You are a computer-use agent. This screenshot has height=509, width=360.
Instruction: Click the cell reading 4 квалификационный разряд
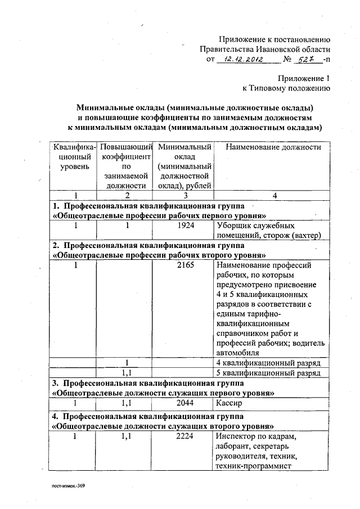coord(268,362)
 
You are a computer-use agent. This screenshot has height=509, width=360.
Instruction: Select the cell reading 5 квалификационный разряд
coord(268,372)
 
